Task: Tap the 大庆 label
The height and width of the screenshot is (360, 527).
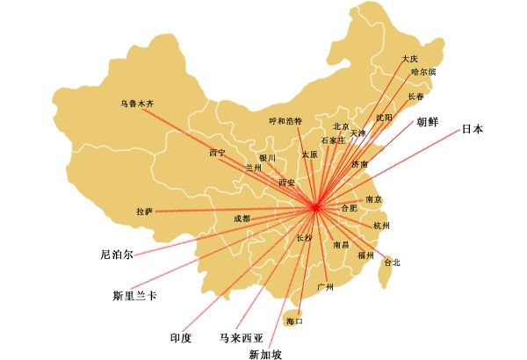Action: [410, 60]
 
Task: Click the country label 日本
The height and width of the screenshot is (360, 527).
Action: [473, 130]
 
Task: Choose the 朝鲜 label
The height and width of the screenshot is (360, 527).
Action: [428, 122]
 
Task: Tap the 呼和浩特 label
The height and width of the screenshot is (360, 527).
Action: [285, 120]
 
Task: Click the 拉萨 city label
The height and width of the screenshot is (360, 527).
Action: [144, 212]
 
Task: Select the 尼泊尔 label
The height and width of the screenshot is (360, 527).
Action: [117, 256]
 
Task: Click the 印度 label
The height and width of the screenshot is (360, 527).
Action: [181, 336]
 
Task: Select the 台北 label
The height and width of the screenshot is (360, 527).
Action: [392, 262]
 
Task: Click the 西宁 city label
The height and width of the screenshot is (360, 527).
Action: [217, 154]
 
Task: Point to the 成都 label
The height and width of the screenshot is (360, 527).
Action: [242, 218]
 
